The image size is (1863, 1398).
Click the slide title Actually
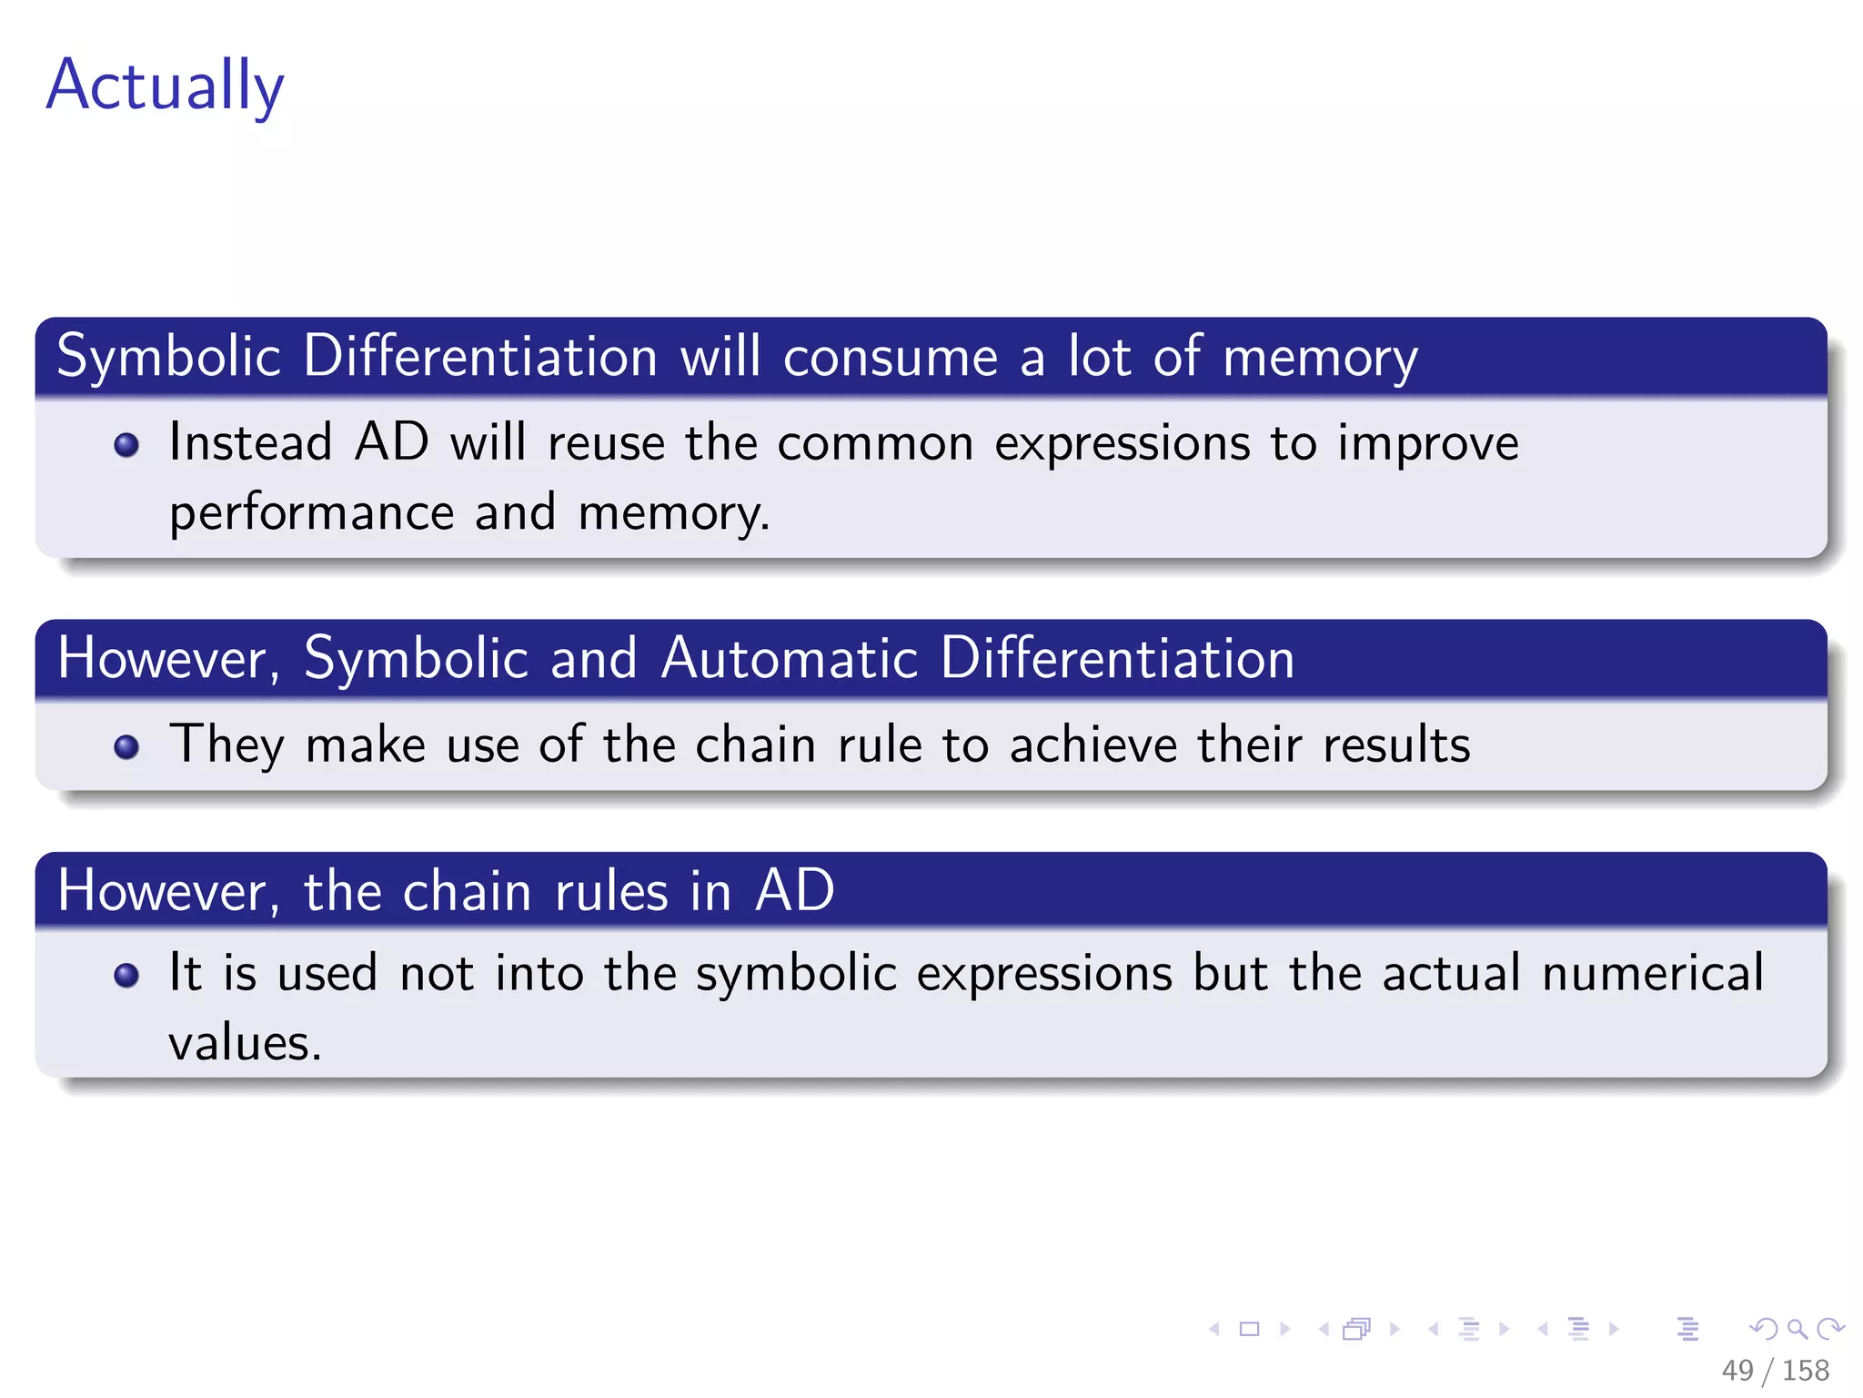165,85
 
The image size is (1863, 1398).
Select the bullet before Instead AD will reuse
126,445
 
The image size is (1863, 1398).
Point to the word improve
1427,445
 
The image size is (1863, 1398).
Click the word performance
311,512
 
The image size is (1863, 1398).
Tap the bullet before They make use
126,747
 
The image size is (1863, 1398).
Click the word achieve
1093,745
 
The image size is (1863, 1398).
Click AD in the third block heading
794,890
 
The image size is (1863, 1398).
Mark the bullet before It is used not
126,976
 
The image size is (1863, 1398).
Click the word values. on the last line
245,1043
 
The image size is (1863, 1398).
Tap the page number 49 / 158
1774,1370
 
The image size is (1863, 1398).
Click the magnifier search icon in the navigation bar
1797,1329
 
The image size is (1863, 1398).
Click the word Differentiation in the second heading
1117,658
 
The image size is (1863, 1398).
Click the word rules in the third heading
611,890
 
